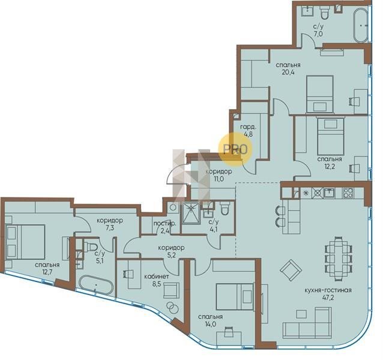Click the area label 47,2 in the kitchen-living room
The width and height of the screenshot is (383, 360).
(x=328, y=298)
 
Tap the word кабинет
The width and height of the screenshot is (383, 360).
(x=157, y=277)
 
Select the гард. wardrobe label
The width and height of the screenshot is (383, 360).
(x=249, y=127)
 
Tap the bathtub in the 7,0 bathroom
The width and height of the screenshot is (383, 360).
(x=361, y=26)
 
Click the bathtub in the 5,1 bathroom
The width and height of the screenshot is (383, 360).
(x=96, y=285)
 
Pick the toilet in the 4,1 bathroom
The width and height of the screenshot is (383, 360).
(x=225, y=208)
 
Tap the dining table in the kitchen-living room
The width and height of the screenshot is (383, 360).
(x=339, y=258)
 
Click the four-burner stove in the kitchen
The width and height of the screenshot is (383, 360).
(x=348, y=193)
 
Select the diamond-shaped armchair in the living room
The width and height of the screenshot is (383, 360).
(x=291, y=270)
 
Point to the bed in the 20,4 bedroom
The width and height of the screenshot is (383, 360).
(x=320, y=94)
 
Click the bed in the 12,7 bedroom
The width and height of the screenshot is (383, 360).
(x=25, y=242)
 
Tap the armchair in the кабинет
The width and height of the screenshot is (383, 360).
(x=171, y=290)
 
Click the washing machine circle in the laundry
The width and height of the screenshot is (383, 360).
(x=173, y=208)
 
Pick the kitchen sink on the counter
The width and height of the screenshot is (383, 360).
(x=330, y=193)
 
